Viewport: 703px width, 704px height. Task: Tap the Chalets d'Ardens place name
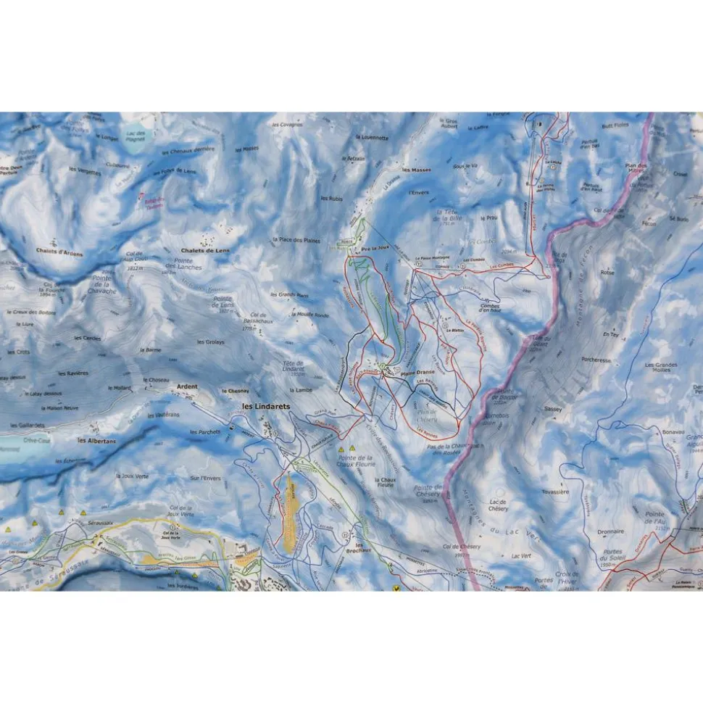coord(59,254)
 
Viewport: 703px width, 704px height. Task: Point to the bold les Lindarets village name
coord(265,407)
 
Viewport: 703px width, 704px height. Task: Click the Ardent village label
coord(187,387)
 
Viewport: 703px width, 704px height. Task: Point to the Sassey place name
coord(552,409)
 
